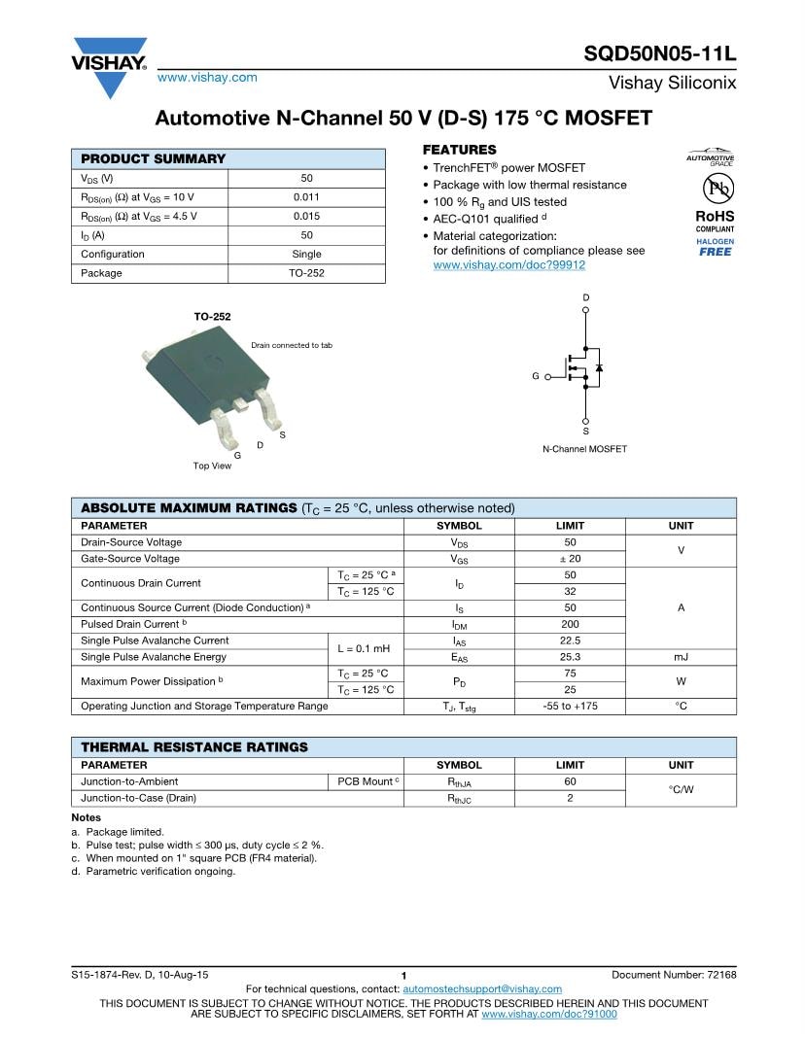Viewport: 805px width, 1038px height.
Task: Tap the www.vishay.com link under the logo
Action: (207, 78)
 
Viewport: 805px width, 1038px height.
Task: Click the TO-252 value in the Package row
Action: (306, 273)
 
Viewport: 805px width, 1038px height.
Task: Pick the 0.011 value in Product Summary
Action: (306, 197)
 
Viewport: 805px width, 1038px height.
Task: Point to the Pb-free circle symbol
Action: (715, 189)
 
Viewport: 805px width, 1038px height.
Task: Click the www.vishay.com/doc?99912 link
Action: (508, 264)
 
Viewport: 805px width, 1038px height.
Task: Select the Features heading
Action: (459, 150)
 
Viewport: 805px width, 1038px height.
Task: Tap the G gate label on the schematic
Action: (535, 375)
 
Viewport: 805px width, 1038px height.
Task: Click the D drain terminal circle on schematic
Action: (585, 311)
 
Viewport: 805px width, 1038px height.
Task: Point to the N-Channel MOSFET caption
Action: (584, 449)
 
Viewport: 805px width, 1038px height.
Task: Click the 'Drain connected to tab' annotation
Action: (292, 345)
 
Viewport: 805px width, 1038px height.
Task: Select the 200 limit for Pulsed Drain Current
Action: (570, 624)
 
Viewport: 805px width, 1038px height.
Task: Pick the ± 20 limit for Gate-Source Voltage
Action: (570, 559)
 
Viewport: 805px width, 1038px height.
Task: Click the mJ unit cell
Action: (681, 657)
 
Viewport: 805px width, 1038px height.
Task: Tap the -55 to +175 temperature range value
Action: (570, 707)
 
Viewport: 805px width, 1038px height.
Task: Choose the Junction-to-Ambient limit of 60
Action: (570, 781)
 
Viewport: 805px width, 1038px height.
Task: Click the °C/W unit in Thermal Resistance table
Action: (681, 789)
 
